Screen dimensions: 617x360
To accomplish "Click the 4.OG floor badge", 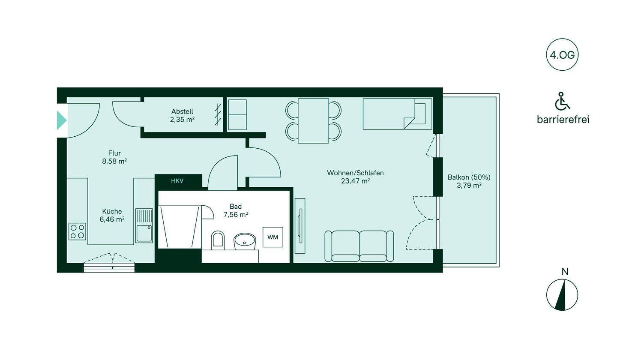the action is (x=562, y=55).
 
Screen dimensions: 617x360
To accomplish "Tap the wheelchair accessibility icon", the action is (x=562, y=101).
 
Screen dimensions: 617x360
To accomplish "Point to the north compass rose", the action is (x=562, y=295).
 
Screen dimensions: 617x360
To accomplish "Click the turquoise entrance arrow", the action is (x=62, y=120).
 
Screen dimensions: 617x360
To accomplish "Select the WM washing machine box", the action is (x=273, y=237).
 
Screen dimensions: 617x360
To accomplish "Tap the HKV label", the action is (x=177, y=181).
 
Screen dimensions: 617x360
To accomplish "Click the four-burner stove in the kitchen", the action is (x=77, y=231).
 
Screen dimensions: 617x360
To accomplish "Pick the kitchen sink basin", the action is (x=144, y=233).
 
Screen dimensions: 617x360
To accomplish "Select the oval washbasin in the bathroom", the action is (x=245, y=241).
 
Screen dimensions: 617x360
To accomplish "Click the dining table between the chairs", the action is (x=314, y=121).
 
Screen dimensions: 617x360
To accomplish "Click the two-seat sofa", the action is (x=359, y=246).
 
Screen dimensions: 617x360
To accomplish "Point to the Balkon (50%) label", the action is (x=469, y=177).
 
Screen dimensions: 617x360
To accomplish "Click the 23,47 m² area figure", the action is (x=355, y=181).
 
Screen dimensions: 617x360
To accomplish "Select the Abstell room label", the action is (x=183, y=111).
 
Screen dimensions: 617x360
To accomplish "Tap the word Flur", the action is (x=114, y=153).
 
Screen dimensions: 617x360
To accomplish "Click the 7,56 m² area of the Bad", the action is (x=236, y=214).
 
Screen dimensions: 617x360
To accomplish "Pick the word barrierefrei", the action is (x=563, y=120).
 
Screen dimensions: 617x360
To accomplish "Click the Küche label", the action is (x=112, y=211).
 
